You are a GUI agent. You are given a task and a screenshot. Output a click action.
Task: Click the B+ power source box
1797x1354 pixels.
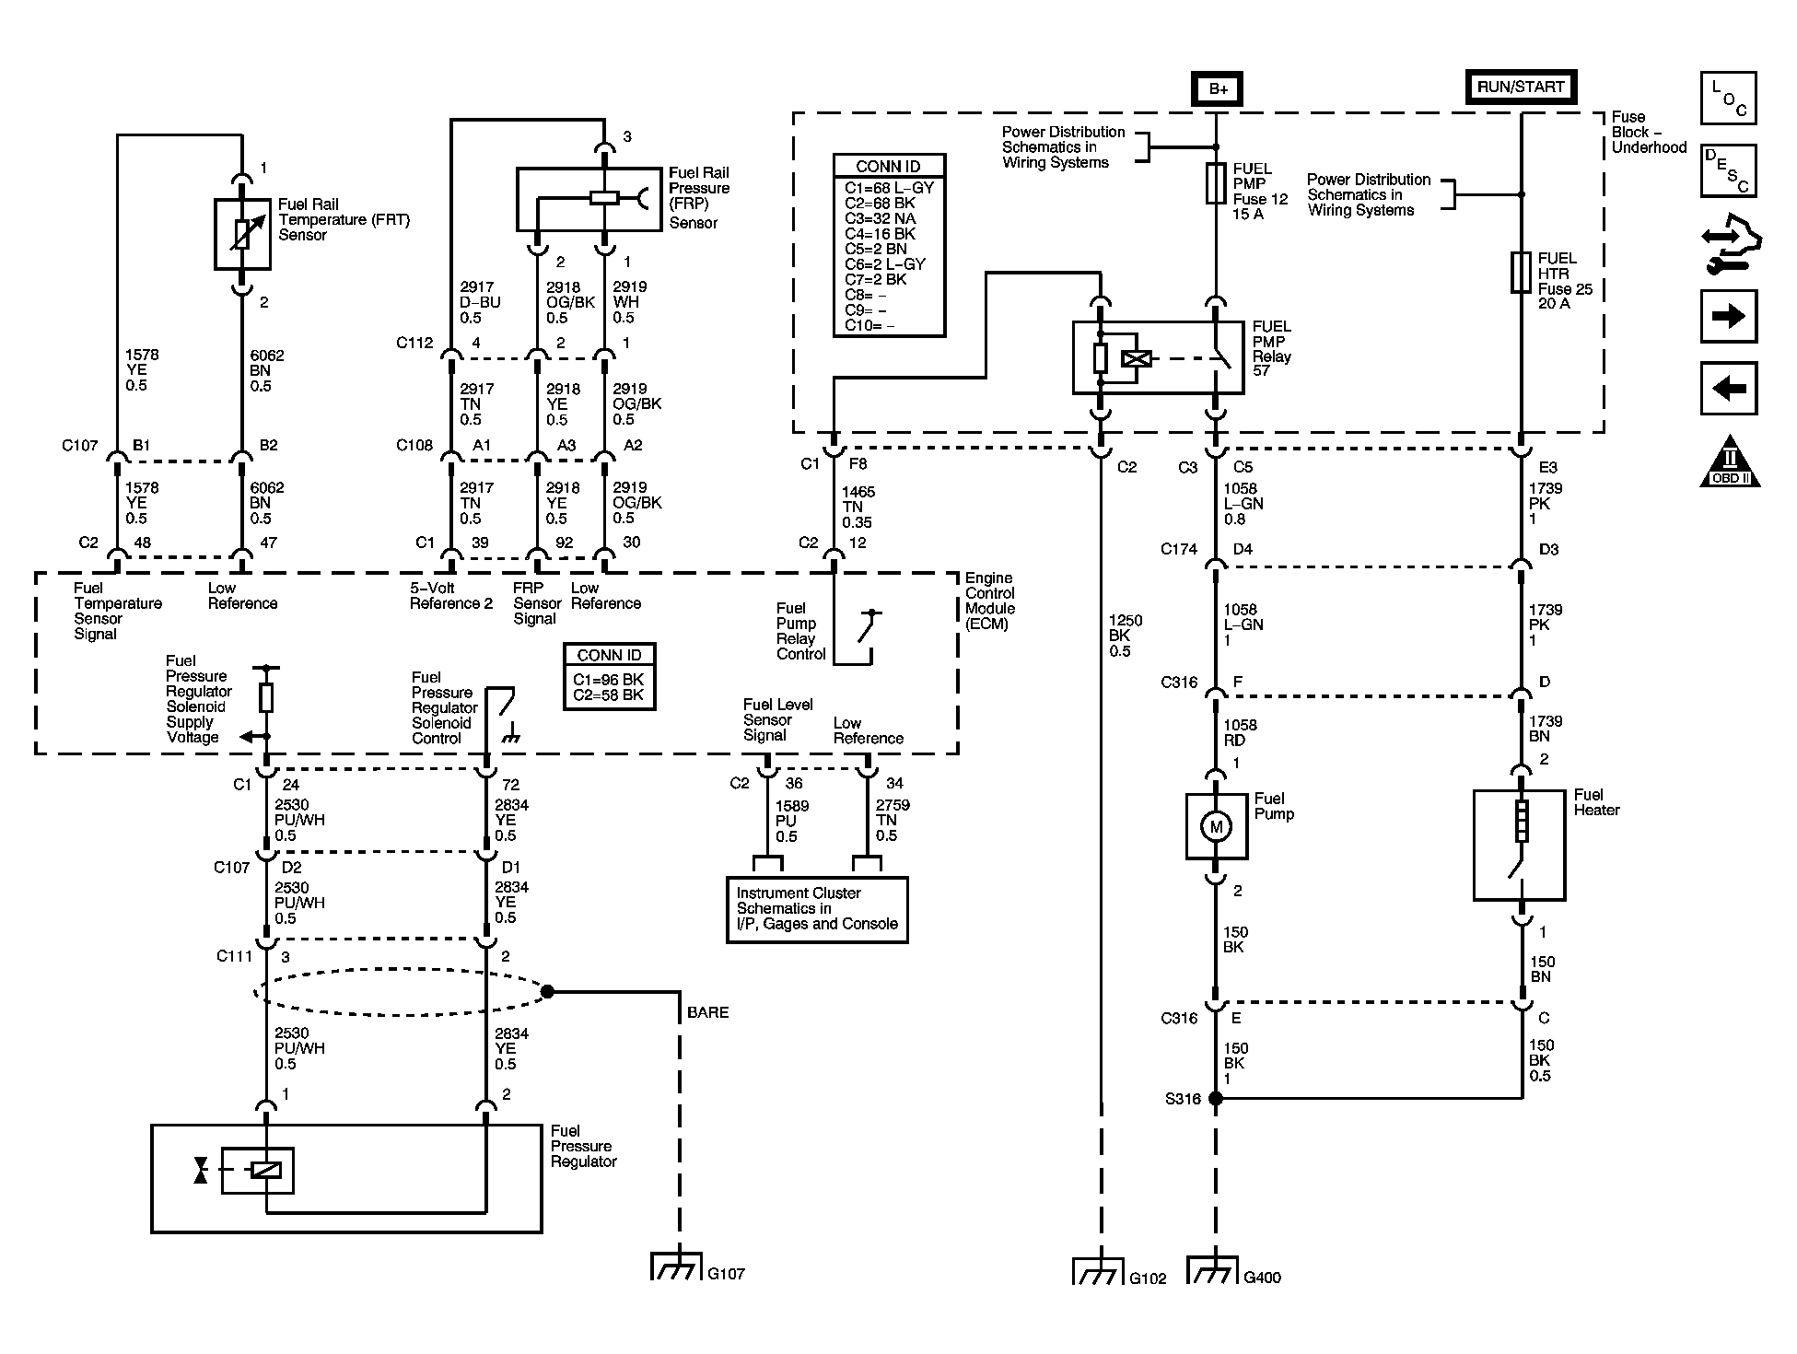click(1217, 89)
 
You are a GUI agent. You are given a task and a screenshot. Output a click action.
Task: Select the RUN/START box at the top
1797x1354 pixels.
click(1521, 88)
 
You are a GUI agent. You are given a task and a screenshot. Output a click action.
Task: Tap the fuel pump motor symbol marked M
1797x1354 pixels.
click(1216, 827)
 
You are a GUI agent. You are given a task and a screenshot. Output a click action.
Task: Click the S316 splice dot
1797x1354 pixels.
click(1216, 1098)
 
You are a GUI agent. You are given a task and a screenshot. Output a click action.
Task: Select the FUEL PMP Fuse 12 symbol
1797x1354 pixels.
click(1216, 183)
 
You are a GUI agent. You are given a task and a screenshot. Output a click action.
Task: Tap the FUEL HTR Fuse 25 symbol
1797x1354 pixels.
click(1521, 274)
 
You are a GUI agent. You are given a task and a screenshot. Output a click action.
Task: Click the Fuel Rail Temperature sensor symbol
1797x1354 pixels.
click(242, 234)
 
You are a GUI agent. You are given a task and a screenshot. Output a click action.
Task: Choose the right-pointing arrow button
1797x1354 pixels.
click(1729, 317)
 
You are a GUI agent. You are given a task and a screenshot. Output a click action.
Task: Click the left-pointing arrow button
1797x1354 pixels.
click(1729, 389)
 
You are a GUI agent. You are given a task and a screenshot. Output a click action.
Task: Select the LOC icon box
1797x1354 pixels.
click(1729, 99)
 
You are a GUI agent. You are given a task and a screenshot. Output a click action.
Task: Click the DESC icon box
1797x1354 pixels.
click(1729, 170)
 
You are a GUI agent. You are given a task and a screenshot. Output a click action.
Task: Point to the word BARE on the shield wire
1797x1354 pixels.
click(707, 1012)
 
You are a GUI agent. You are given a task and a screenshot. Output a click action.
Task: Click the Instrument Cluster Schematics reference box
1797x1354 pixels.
click(818, 910)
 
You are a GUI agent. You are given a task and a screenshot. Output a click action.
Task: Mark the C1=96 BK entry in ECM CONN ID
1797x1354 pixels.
click(609, 680)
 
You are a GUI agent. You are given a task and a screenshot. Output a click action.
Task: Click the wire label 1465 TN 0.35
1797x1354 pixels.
click(857, 507)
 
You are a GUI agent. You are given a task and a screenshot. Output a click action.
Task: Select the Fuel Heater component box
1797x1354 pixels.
click(1520, 846)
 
